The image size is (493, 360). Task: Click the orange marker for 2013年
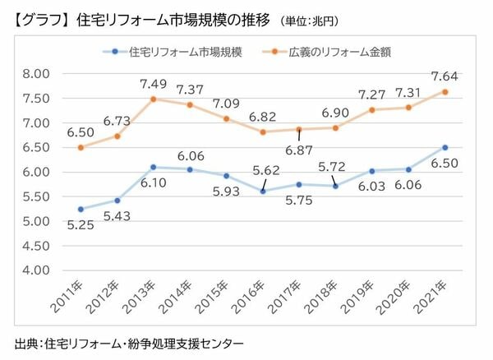coord(153,99)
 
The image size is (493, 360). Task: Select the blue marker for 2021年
coord(445,147)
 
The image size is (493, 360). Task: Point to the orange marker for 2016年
coord(262,132)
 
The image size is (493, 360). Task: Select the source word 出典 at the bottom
coord(25,341)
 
